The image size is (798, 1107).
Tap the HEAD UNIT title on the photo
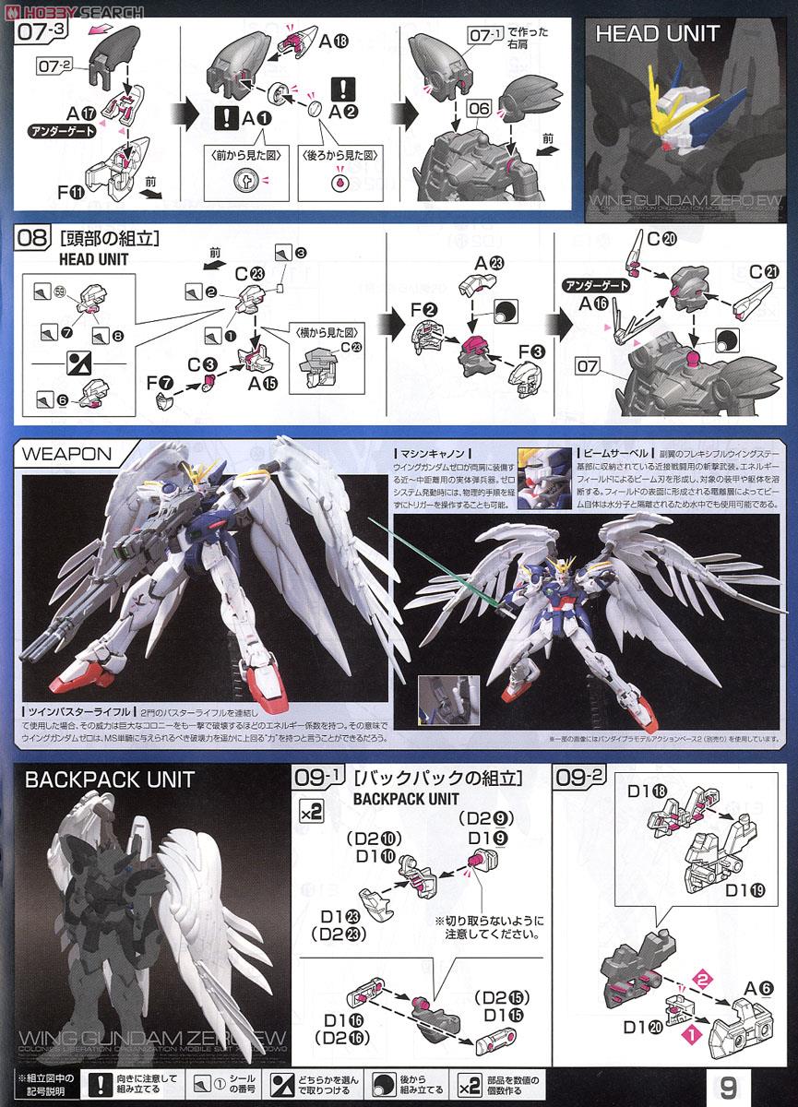point(657,34)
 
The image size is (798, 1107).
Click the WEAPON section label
point(66,454)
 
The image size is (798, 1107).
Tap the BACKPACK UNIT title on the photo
point(109,780)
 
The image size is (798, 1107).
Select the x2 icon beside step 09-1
point(311,812)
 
